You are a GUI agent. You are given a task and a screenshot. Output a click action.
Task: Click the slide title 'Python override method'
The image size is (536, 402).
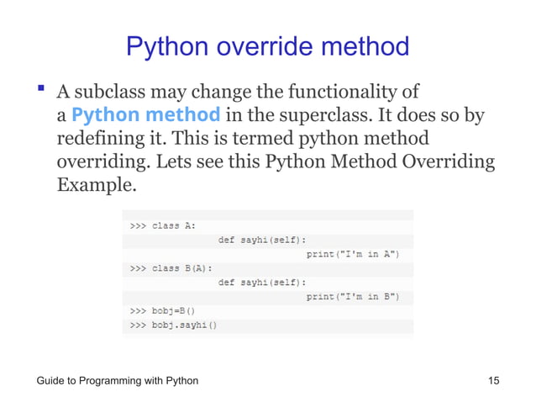[x=267, y=45]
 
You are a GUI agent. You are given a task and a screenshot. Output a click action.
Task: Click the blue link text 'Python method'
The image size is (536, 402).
[x=146, y=114]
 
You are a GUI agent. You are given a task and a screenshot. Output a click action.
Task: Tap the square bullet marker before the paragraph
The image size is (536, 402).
[x=39, y=89]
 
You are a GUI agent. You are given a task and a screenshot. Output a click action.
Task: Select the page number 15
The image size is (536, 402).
[x=494, y=381]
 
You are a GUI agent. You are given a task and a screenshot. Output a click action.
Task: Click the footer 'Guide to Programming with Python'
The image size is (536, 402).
[x=118, y=381]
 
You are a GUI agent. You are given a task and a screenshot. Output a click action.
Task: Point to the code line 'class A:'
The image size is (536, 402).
[x=163, y=225]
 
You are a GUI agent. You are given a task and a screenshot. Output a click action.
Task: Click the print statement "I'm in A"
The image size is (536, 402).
[x=352, y=253]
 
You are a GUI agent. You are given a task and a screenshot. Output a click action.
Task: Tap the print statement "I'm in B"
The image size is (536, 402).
[x=352, y=296]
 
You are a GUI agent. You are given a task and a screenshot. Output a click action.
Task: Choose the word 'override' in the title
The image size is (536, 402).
[x=268, y=45]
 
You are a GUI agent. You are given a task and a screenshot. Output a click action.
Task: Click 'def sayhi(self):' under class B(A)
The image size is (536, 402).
[x=261, y=282]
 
